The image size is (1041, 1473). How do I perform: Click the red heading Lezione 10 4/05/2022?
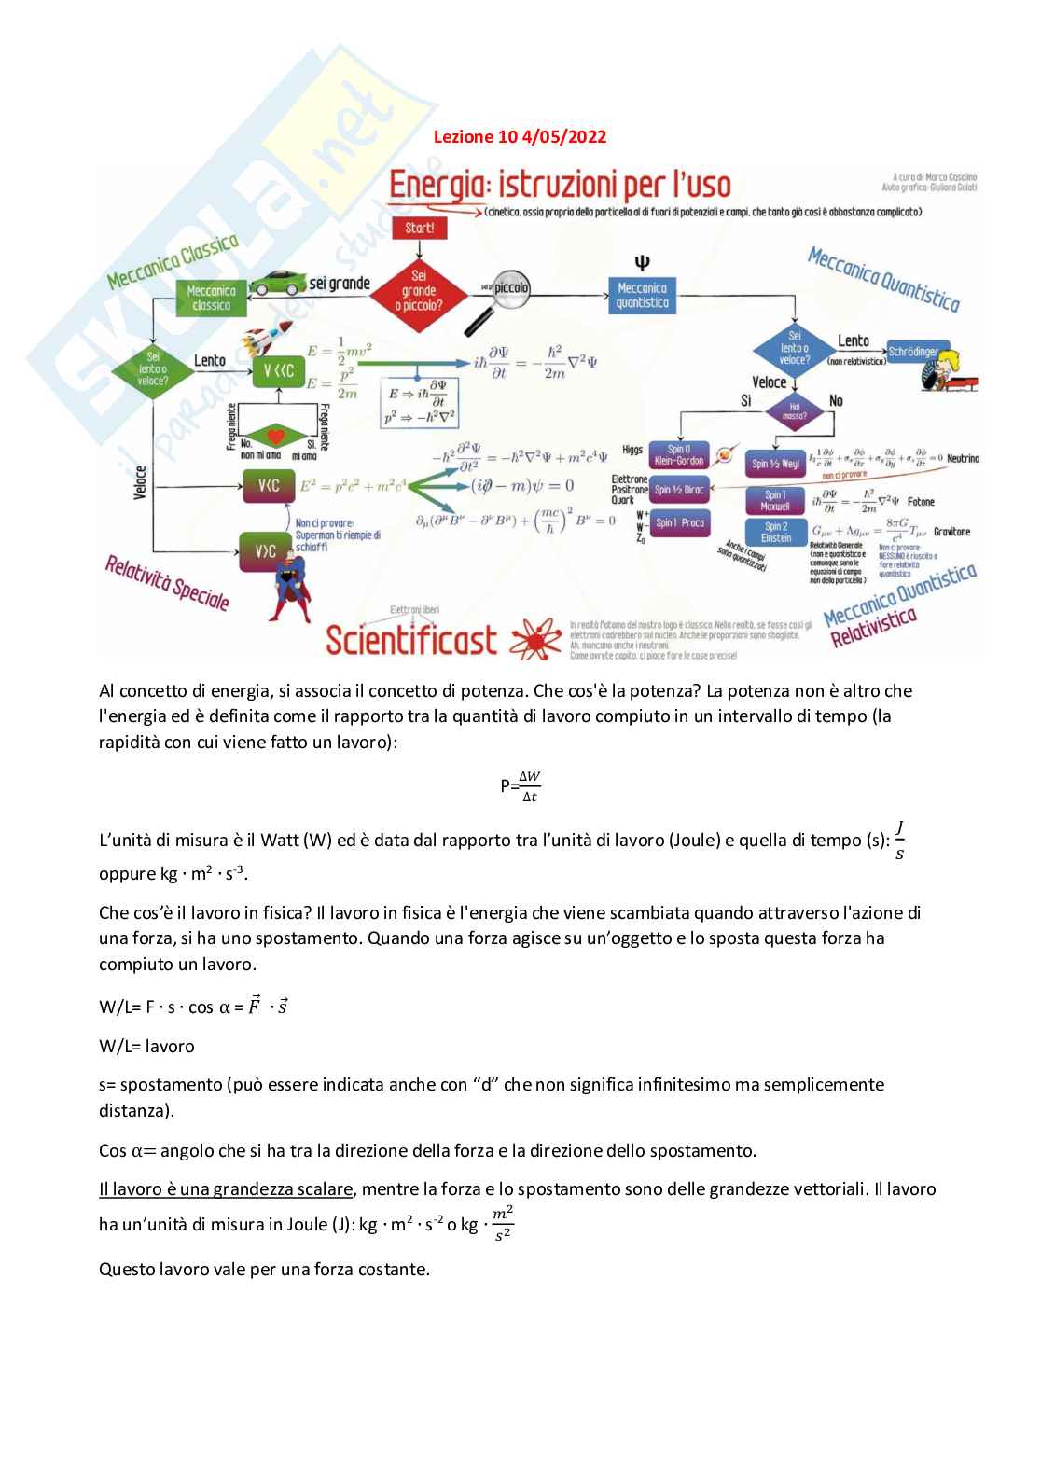pyautogui.click(x=520, y=137)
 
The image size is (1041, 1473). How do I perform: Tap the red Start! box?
pyautogui.click(x=419, y=227)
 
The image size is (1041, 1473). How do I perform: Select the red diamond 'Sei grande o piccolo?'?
pyautogui.click(x=419, y=290)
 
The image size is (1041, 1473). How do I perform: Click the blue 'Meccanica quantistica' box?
pyautogui.click(x=642, y=295)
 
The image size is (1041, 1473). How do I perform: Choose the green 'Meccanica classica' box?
pyautogui.click(x=211, y=298)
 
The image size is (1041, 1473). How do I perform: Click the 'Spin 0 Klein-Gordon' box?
pyautogui.click(x=679, y=454)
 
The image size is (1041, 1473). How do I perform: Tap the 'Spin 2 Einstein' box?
pyautogui.click(x=776, y=532)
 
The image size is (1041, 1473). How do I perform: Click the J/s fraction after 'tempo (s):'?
pyautogui.click(x=899, y=840)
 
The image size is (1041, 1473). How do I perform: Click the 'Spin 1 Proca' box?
pyautogui.click(x=679, y=522)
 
